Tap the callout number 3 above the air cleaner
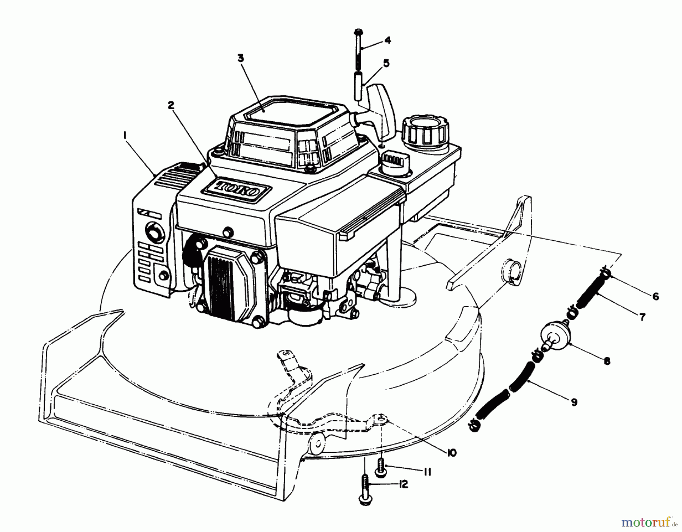[241, 58]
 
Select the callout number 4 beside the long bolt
[387, 40]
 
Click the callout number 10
[452, 452]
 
